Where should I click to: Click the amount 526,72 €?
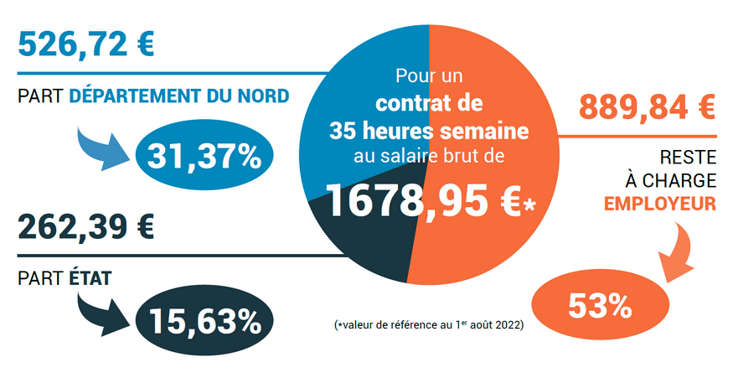[x=85, y=44]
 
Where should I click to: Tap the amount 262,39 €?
[x=85, y=227]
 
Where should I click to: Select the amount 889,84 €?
[x=646, y=107]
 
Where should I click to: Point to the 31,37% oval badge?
[x=204, y=156]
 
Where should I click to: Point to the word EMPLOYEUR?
[x=659, y=203]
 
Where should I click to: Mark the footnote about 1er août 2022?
[x=428, y=325]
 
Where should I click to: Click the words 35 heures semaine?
[x=429, y=132]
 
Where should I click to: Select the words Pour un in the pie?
[x=429, y=78]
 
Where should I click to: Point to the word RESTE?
[x=688, y=155]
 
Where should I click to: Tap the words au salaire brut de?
[x=429, y=155]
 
